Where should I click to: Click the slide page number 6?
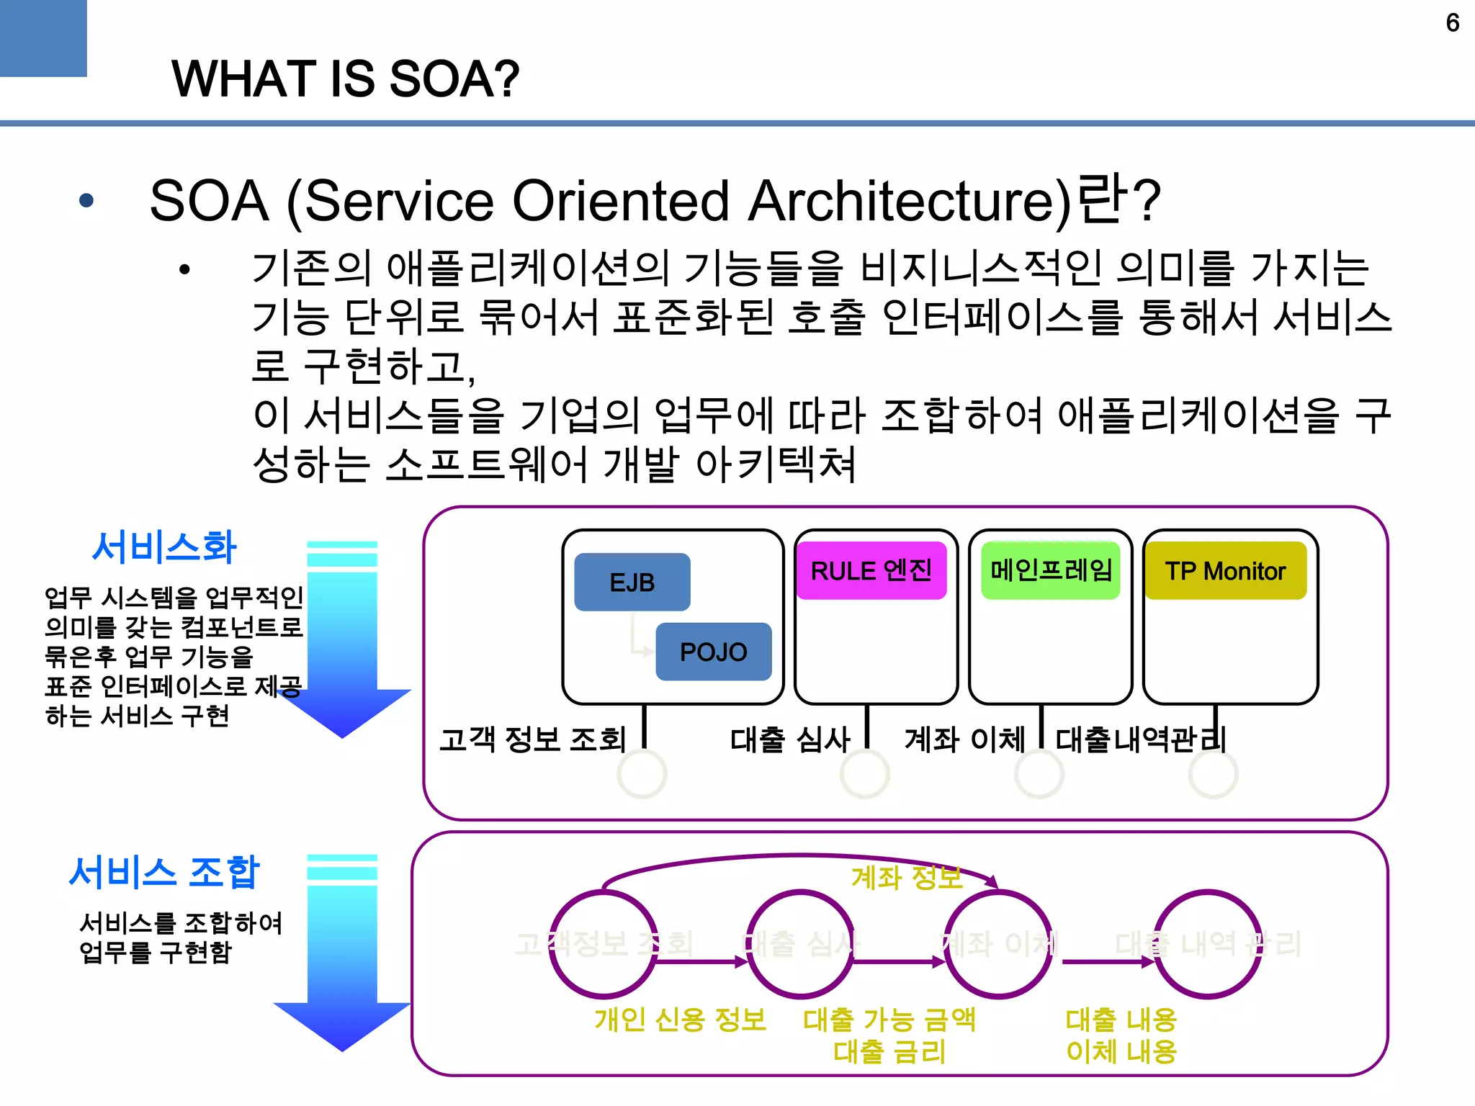point(1452,23)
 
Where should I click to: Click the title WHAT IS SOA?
point(345,79)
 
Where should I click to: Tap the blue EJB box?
point(632,582)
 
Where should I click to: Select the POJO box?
point(713,652)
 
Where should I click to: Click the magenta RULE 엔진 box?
point(871,571)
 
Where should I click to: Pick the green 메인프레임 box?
point(1050,570)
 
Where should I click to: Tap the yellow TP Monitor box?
point(1225,571)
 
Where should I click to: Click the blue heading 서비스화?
point(164,547)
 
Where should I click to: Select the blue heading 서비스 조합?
point(164,872)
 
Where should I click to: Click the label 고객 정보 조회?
point(532,739)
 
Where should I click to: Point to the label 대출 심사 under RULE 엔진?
point(790,739)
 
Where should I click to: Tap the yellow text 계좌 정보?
point(906,877)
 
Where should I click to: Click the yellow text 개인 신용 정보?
point(680,1020)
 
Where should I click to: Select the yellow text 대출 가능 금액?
point(889,1020)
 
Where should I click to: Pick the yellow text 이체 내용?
point(1121,1052)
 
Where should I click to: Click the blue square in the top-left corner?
point(43,37)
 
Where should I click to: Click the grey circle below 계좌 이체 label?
point(1039,774)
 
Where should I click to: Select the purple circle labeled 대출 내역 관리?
point(1208,944)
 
